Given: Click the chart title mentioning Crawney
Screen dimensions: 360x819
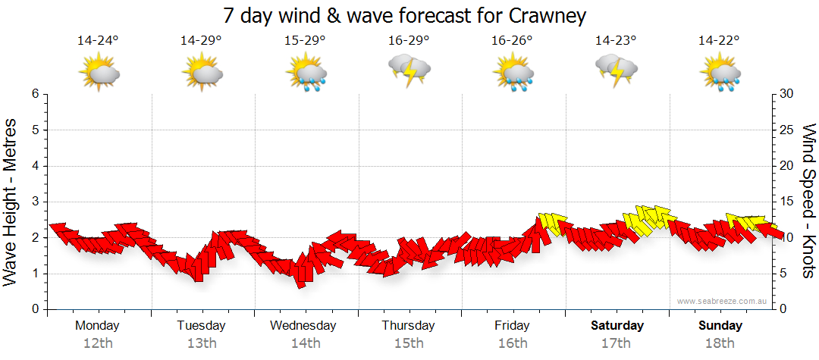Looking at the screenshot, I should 406,15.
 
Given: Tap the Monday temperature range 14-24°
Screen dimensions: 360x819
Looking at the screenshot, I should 98,41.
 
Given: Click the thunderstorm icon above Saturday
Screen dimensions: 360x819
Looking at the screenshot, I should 616,70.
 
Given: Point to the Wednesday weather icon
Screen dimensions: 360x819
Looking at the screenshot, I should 306,71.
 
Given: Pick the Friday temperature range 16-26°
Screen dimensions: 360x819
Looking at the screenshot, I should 512,41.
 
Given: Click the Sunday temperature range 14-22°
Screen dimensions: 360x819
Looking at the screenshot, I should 720,41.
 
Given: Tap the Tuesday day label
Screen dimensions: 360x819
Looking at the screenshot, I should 201,326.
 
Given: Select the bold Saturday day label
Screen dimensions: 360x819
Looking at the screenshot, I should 617,326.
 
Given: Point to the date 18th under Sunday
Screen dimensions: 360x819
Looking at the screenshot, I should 720,343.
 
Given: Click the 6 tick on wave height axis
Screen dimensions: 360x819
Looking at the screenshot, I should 35,94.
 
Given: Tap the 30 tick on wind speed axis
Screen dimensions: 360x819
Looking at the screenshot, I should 787,94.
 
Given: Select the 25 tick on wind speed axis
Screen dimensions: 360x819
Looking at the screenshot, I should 787,130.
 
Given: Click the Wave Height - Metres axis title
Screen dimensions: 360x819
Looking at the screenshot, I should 12,202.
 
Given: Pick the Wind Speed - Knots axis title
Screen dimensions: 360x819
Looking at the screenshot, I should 808,202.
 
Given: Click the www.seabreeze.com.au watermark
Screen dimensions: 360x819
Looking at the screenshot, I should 723,302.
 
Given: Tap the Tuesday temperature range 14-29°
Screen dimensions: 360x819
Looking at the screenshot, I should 201,41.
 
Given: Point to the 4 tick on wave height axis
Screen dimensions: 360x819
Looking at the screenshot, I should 35,166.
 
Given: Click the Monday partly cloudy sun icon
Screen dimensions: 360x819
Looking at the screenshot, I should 99,73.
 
